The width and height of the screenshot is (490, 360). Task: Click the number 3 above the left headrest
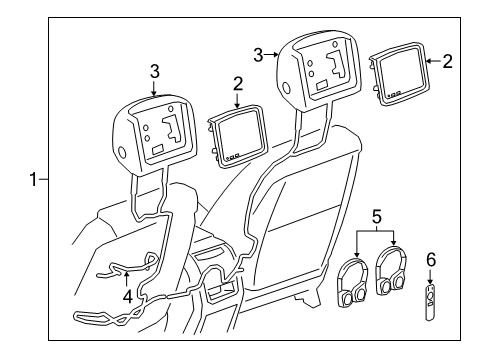click(x=154, y=70)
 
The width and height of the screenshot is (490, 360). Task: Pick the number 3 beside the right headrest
click(x=260, y=53)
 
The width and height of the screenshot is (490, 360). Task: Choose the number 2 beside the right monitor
click(x=447, y=62)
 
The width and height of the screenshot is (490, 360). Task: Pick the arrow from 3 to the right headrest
click(x=273, y=54)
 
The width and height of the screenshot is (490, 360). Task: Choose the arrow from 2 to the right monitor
click(x=432, y=62)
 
